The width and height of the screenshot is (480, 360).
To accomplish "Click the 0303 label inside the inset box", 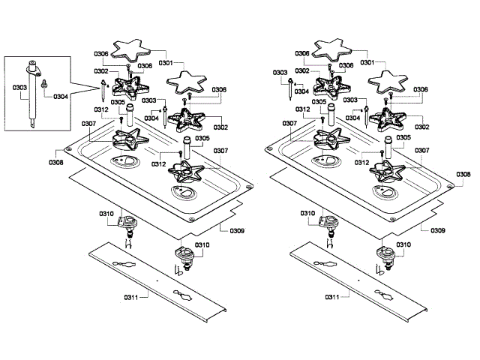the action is click(x=19, y=88).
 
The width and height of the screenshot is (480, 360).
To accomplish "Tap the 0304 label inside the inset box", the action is click(x=61, y=97).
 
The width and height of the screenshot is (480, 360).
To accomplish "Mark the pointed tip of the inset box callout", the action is click(x=100, y=88).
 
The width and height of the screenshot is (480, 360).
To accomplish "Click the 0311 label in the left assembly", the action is click(x=131, y=297).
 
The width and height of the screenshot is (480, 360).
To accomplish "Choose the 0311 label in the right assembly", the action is click(x=332, y=297).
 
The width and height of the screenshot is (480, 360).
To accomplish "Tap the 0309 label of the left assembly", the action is click(x=237, y=230).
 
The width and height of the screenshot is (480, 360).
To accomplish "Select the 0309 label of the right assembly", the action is click(x=438, y=230).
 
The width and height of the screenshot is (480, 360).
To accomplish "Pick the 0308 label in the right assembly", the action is click(x=463, y=174).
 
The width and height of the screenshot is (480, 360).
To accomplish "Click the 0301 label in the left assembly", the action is click(x=166, y=63).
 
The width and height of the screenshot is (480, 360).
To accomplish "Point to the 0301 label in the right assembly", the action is click(x=367, y=62).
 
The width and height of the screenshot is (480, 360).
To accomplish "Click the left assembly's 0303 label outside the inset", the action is click(x=148, y=100).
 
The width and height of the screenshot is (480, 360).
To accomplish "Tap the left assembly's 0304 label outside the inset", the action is click(x=151, y=118).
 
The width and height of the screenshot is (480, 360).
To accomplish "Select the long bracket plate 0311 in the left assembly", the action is click(x=158, y=282).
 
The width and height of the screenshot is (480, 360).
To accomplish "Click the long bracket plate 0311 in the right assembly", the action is click(x=358, y=282).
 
